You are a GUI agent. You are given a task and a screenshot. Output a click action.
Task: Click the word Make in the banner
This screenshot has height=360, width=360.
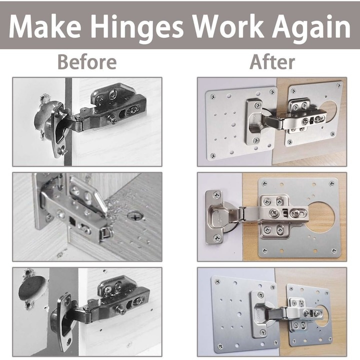45,27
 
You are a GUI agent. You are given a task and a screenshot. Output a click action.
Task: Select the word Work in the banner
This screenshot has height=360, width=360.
228,26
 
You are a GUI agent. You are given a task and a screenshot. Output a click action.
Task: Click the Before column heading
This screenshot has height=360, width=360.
87,62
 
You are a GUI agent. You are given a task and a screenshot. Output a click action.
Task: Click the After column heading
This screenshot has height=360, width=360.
272,62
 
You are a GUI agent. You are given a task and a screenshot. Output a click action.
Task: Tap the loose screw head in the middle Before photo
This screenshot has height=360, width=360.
135,216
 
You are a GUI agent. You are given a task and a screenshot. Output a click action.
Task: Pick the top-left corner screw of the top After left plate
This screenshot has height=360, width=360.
212,96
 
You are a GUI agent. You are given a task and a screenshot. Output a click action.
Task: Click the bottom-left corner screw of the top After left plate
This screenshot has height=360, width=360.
213,156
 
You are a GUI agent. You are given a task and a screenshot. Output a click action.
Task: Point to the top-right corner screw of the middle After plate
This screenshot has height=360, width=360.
331,183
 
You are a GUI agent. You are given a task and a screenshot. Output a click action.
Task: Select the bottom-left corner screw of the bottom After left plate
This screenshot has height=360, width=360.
220,346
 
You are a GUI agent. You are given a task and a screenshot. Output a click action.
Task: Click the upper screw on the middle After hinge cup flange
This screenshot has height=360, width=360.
216,195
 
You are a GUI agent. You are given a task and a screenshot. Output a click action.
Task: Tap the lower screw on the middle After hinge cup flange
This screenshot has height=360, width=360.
217,238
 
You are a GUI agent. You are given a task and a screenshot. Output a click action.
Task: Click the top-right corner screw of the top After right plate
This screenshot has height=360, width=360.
338,85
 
